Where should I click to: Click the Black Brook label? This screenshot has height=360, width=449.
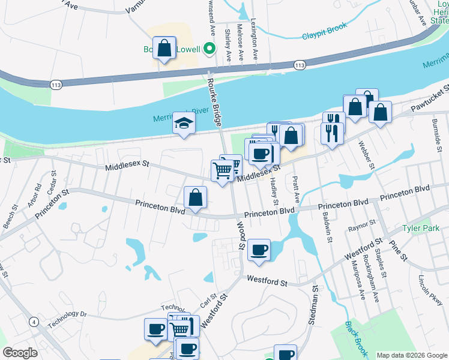[x=356, y=337]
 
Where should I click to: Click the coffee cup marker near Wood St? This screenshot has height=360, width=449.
[x=259, y=250]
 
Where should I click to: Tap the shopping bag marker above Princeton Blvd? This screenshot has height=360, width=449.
[x=195, y=197]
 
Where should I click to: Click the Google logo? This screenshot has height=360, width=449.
[x=20, y=353]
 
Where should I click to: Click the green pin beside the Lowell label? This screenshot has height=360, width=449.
[x=209, y=48]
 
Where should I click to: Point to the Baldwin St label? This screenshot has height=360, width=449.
[x=328, y=227]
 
